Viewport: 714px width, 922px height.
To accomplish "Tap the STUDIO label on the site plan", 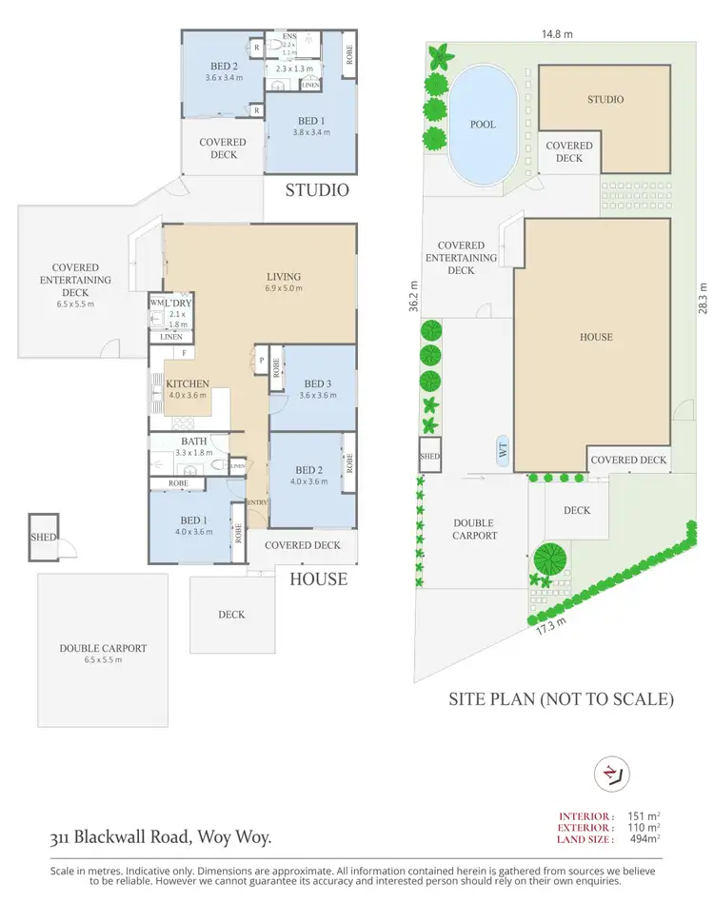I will (x=605, y=99).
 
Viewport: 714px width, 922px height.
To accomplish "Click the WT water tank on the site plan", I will (x=503, y=450).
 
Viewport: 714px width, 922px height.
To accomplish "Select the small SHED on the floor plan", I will (x=43, y=537).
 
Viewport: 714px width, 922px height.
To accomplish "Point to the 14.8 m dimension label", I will (x=557, y=33).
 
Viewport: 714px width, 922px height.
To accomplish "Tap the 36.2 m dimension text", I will (x=413, y=297).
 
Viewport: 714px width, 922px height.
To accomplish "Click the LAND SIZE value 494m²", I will (x=645, y=838).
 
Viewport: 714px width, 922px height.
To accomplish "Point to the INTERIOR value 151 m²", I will (x=645, y=815).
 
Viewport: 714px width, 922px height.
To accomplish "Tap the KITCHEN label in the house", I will (x=188, y=384).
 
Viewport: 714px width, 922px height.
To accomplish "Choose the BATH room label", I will (x=194, y=441).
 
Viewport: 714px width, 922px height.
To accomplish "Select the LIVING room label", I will (x=284, y=277).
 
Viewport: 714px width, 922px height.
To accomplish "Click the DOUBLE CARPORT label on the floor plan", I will (x=102, y=648).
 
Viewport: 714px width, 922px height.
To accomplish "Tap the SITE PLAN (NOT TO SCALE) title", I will (x=561, y=699).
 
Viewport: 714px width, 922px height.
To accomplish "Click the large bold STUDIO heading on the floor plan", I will (x=318, y=190).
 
